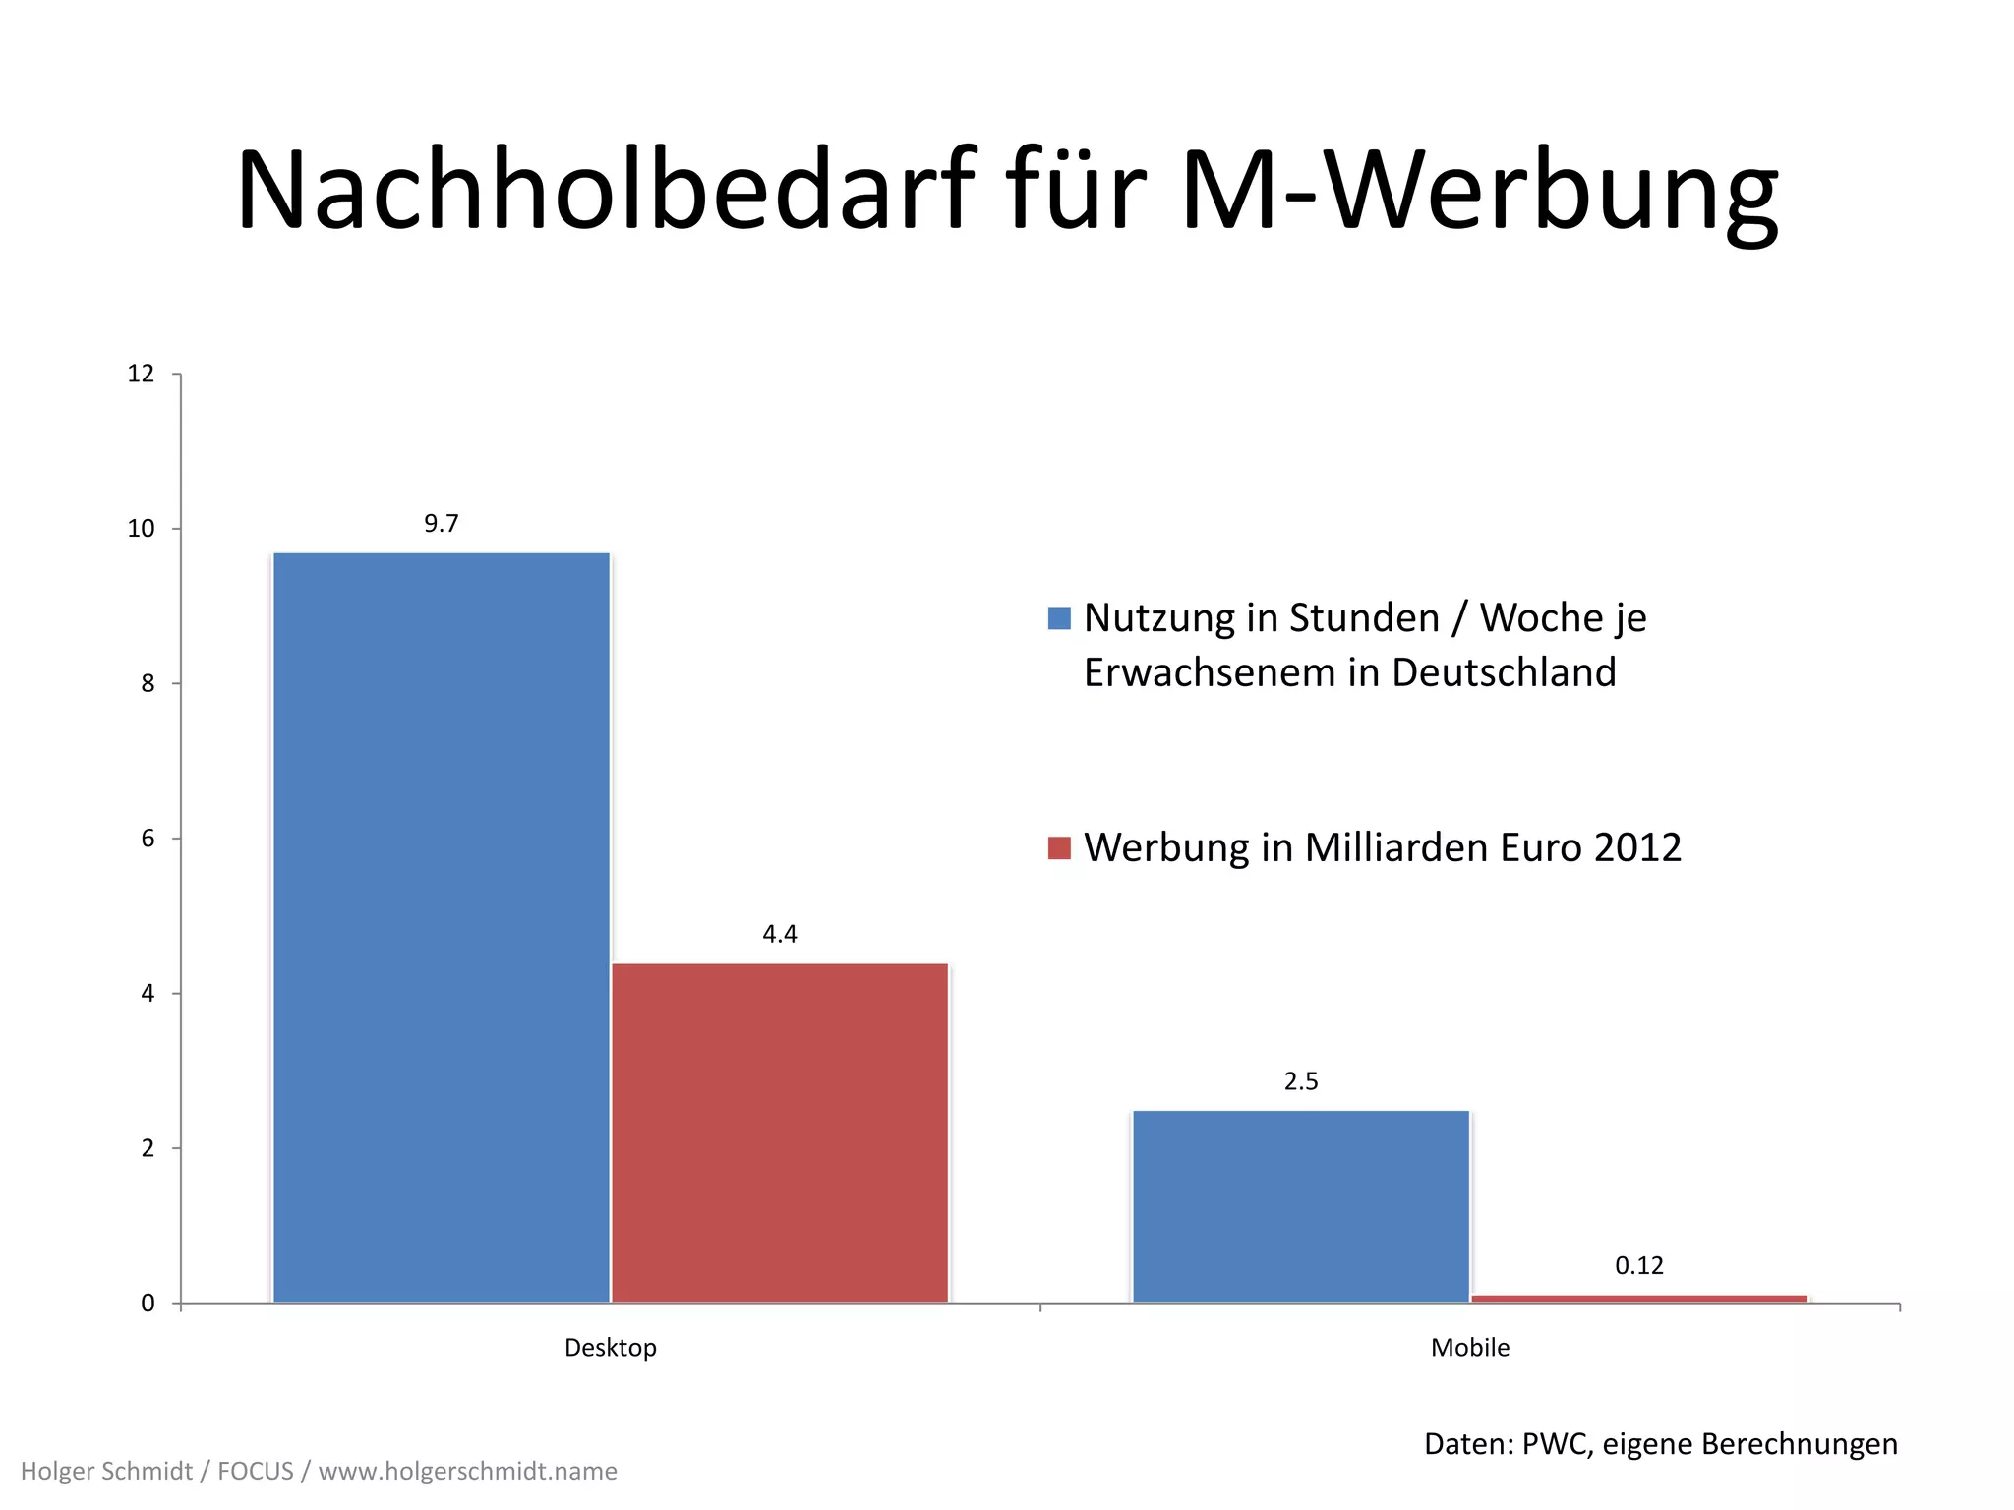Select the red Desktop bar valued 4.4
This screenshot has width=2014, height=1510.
tap(780, 1132)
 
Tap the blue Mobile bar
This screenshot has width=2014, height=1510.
tap(1300, 1206)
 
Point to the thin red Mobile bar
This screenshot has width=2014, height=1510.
tap(1639, 1299)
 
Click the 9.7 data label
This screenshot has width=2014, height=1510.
tap(441, 524)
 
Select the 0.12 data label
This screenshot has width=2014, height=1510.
tap(1639, 1266)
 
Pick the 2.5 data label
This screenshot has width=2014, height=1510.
tap(1300, 1081)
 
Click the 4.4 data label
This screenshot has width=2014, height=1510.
tap(780, 934)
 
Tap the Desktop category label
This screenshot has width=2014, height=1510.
tap(610, 1348)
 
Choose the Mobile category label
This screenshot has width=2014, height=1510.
tap(1469, 1348)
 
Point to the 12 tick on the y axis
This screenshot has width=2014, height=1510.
tap(142, 374)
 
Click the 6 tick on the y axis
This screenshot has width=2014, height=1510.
tap(148, 839)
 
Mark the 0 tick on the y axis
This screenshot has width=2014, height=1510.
tap(148, 1304)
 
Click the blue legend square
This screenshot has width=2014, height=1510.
tap(1059, 618)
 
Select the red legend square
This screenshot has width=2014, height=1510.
tap(1059, 847)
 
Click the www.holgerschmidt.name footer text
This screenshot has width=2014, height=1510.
tap(467, 1472)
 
